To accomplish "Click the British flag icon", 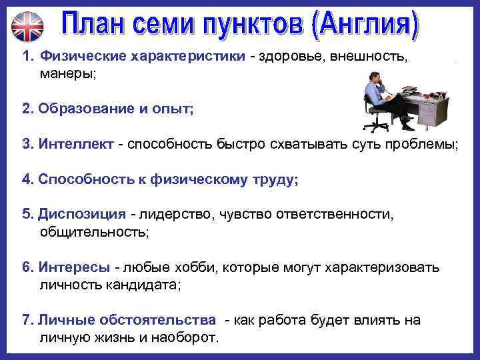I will click(x=27, y=26).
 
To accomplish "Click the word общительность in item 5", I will click(x=94, y=232).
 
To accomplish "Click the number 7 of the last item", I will click(x=26, y=320).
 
